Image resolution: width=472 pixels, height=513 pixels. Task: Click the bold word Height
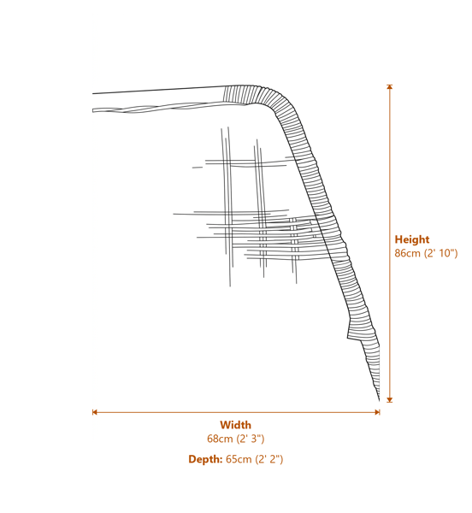point(411,239)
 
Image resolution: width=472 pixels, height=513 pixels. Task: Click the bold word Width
point(235,425)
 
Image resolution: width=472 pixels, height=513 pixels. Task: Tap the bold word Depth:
point(205,459)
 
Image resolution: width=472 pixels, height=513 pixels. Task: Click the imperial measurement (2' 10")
point(440,253)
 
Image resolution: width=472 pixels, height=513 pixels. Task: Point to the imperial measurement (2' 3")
point(250,439)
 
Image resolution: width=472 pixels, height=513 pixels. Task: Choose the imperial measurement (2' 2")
point(268,459)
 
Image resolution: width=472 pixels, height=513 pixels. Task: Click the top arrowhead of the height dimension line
point(389,86)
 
